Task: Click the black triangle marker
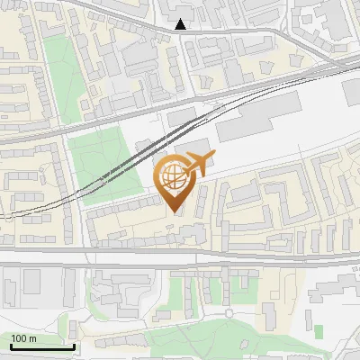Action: click(182, 24)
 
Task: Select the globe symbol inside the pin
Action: click(175, 178)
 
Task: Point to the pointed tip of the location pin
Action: click(175, 212)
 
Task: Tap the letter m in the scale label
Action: click(33, 338)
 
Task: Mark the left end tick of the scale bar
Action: click(11, 346)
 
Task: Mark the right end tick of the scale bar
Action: click(75, 346)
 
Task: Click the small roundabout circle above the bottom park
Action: click(229, 313)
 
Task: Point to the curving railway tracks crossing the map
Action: click(135, 162)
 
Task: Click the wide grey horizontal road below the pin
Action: click(180, 256)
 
